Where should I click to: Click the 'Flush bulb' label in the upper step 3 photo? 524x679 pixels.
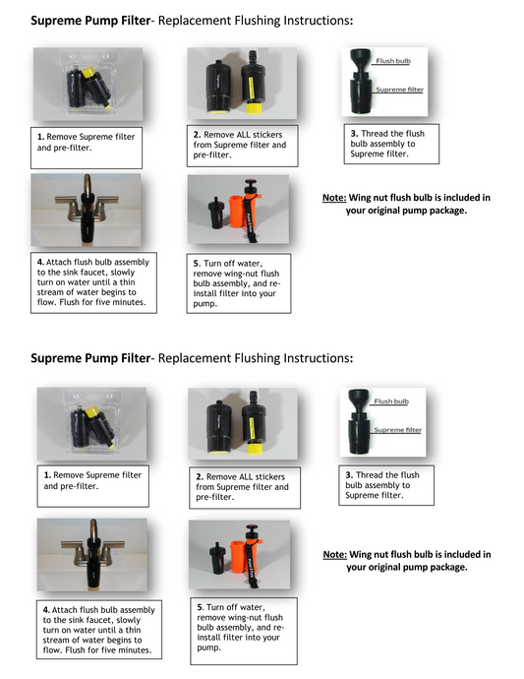pyautogui.click(x=393, y=61)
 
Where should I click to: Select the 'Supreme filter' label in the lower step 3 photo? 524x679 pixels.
pyautogui.click(x=397, y=430)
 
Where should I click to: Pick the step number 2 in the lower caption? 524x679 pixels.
pyautogui.click(x=198, y=476)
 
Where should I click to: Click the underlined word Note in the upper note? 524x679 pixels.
pyautogui.click(x=333, y=198)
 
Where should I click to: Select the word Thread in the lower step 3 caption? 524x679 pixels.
pyautogui.click(x=376, y=474)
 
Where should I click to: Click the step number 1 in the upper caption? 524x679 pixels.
pyautogui.click(x=40, y=136)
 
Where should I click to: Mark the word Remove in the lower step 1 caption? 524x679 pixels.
pyautogui.click(x=71, y=475)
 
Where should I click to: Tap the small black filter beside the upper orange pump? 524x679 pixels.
pyautogui.click(x=213, y=216)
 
